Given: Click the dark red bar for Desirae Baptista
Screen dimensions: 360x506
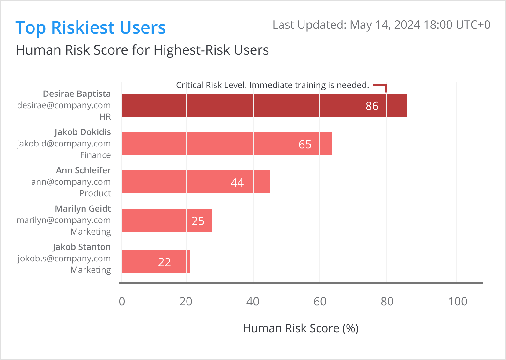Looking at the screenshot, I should click(265, 105).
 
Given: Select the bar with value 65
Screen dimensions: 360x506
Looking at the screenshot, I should click(227, 144).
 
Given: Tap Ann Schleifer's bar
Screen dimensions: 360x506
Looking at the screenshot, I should click(196, 182).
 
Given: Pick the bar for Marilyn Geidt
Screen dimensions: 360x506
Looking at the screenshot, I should click(167, 220).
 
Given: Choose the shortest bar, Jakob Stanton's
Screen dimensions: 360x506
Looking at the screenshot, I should click(156, 261).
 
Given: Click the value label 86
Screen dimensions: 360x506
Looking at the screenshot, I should click(372, 106).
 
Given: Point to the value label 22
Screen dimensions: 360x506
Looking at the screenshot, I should click(165, 262).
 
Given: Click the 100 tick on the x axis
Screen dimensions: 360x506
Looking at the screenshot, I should click(458, 302).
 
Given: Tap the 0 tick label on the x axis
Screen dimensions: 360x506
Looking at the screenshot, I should click(122, 302).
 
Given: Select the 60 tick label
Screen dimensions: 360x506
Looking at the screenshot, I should click(320, 302).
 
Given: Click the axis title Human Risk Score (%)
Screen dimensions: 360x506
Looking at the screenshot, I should click(301, 328).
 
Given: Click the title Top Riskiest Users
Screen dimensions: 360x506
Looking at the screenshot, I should click(91, 27).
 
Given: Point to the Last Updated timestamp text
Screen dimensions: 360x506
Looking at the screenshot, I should click(381, 25).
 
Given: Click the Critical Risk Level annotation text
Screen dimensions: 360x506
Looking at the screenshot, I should click(272, 85).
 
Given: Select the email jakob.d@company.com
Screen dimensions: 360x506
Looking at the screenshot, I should click(64, 144).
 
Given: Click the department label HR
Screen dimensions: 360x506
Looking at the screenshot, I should click(105, 117).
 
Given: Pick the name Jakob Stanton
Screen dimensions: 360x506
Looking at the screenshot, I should click(82, 247).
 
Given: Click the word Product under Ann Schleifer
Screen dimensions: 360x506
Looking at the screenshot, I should click(95, 193).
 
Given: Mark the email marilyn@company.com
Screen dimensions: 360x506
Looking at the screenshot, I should click(63, 220).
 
